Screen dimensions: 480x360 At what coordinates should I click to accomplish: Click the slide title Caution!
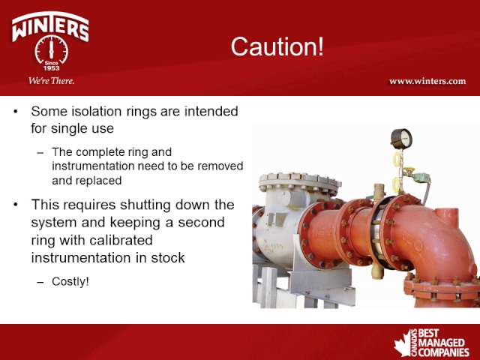point(277,46)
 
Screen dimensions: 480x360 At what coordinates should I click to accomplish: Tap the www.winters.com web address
point(427,81)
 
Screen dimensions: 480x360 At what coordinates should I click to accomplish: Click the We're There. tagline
point(52,81)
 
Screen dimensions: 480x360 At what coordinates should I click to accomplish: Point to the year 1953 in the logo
point(52,68)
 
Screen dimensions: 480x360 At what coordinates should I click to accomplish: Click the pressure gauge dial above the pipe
point(402,139)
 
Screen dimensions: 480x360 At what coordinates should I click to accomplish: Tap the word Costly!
point(70,281)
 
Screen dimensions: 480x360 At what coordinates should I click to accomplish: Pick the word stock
point(168,258)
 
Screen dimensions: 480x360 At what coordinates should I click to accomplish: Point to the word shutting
point(145,205)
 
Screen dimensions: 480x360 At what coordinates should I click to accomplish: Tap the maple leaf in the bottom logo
point(403,344)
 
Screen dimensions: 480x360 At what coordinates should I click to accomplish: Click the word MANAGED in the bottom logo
point(441,343)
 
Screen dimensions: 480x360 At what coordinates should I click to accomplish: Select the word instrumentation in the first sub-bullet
point(93,166)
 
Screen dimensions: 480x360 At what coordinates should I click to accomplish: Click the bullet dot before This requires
point(16,205)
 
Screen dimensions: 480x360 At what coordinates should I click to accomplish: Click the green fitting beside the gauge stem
point(421,178)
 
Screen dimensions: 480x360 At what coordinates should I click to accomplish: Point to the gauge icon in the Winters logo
point(52,49)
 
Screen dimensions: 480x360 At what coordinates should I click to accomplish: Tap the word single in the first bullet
point(65,128)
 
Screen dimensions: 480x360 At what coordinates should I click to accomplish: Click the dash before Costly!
point(40,282)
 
